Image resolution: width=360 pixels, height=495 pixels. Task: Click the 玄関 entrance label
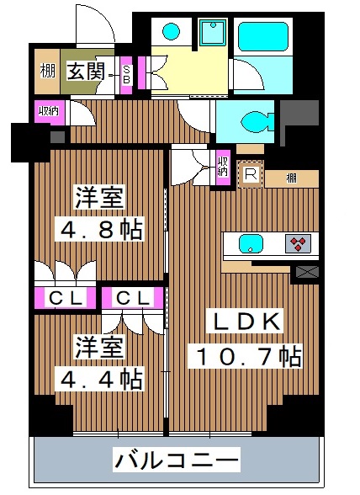pyautogui.click(x=85, y=72)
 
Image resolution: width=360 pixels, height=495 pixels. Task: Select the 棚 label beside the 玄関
pyautogui.click(x=46, y=72)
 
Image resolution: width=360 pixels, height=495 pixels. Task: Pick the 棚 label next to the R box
pyautogui.click(x=289, y=178)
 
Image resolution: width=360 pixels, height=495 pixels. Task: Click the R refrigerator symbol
pyautogui.click(x=250, y=175)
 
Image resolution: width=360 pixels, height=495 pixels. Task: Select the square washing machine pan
pyautogui.click(x=209, y=35)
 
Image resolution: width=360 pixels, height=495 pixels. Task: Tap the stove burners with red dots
pyautogui.click(x=296, y=245)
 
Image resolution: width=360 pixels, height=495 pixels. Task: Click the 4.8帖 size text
pyautogui.click(x=98, y=229)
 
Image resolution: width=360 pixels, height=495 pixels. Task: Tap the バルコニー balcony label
pyautogui.click(x=177, y=460)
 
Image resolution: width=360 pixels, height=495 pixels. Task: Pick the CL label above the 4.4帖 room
pyautogui.click(x=130, y=298)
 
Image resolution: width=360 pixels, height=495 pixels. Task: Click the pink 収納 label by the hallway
pyautogui.click(x=47, y=110)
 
